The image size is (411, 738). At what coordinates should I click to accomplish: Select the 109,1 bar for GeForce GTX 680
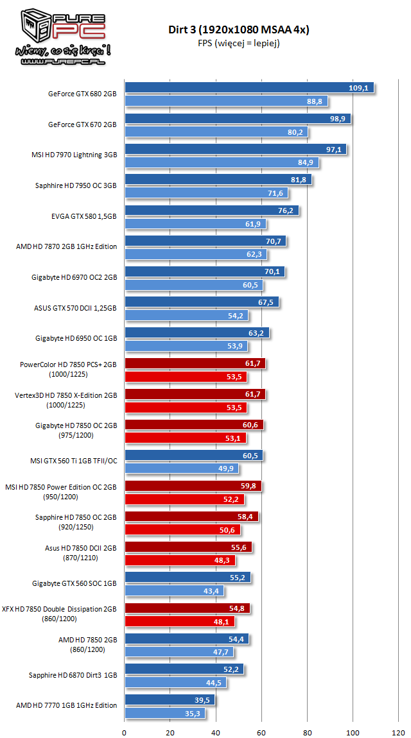point(249,88)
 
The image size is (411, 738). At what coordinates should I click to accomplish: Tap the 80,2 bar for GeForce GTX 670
point(216,132)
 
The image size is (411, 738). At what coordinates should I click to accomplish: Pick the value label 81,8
point(298,180)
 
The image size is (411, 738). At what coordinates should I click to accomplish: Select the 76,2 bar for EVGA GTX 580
point(212,210)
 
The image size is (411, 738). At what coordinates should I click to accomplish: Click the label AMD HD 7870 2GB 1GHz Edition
point(67,247)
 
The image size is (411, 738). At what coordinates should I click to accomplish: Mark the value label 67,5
point(265,302)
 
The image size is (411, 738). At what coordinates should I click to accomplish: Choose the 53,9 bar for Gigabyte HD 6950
point(186,346)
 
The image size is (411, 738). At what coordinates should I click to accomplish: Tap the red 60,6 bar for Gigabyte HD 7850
point(194,425)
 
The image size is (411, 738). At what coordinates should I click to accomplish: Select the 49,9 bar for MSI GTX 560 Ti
point(182,468)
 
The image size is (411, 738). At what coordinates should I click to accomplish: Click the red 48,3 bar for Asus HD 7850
point(180,560)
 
